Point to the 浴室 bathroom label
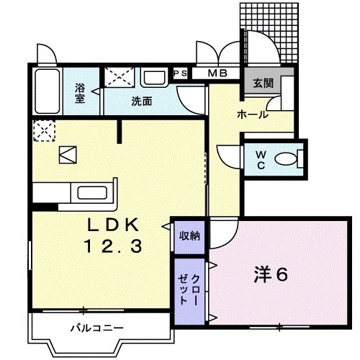(x=81, y=94)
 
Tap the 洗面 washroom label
(x=141, y=102)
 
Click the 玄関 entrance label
(x=262, y=83)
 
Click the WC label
(x=260, y=158)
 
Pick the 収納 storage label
(x=190, y=235)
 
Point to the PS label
(x=180, y=73)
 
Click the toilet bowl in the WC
(x=289, y=158)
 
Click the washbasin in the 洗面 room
(x=153, y=78)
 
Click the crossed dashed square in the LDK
(x=42, y=132)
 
